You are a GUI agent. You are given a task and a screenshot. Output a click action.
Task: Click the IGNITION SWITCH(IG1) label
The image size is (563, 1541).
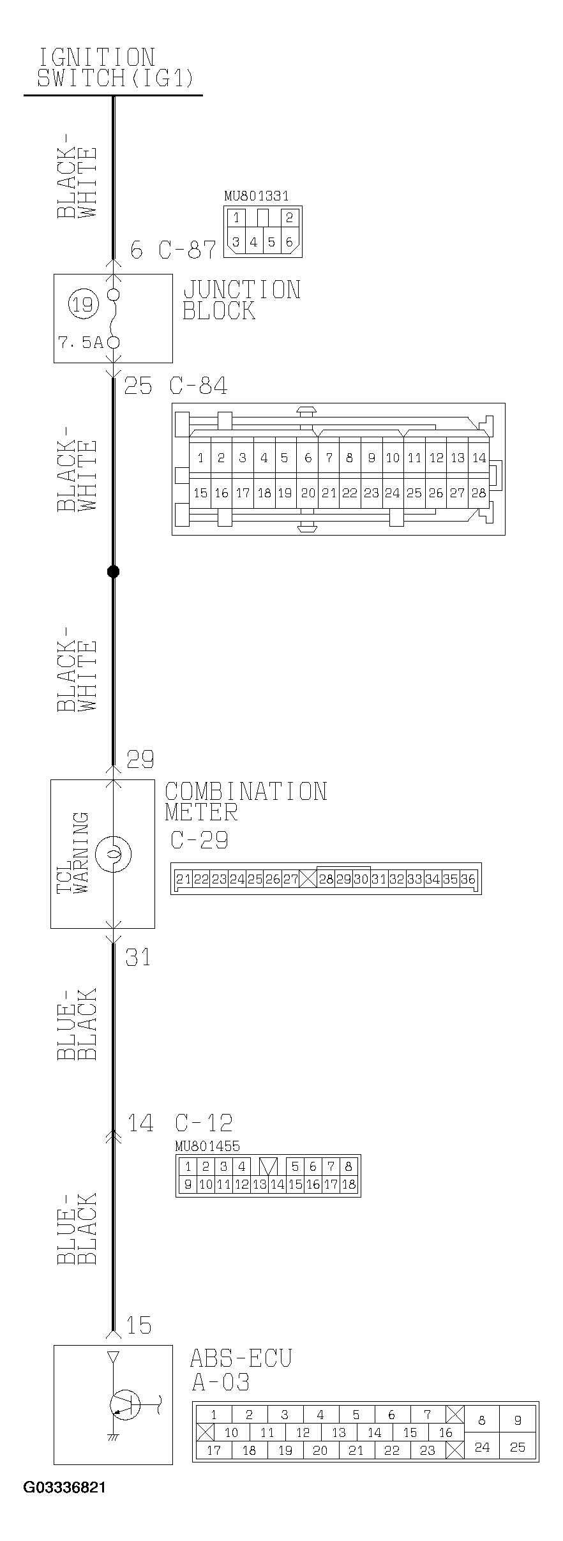[x=114, y=67]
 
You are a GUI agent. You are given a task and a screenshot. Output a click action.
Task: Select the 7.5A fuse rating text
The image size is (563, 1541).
[x=80, y=343]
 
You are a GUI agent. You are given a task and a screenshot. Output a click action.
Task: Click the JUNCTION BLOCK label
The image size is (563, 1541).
[x=241, y=300]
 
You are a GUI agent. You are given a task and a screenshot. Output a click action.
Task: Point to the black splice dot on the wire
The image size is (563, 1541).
[x=113, y=571]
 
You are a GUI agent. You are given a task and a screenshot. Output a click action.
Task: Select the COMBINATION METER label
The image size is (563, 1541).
[x=245, y=802]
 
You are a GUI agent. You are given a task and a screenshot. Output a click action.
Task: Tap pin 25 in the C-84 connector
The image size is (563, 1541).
[x=414, y=492]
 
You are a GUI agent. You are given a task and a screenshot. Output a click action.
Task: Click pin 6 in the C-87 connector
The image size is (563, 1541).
[x=289, y=242]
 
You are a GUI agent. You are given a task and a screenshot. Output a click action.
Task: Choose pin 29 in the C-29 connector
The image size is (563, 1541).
[x=343, y=879]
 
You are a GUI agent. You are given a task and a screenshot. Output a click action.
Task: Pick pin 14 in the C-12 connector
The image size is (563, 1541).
[x=277, y=1184]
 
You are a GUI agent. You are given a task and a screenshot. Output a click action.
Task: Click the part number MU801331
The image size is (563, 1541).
[x=256, y=196]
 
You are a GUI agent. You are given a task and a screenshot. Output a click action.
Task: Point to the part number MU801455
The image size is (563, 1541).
[x=207, y=1146]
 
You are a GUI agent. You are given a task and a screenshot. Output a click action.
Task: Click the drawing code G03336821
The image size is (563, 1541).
[x=64, y=1487]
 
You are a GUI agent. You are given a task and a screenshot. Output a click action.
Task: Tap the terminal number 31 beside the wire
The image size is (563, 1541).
[x=138, y=958]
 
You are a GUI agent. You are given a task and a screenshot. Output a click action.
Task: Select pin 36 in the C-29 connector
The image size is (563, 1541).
[x=468, y=879]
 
